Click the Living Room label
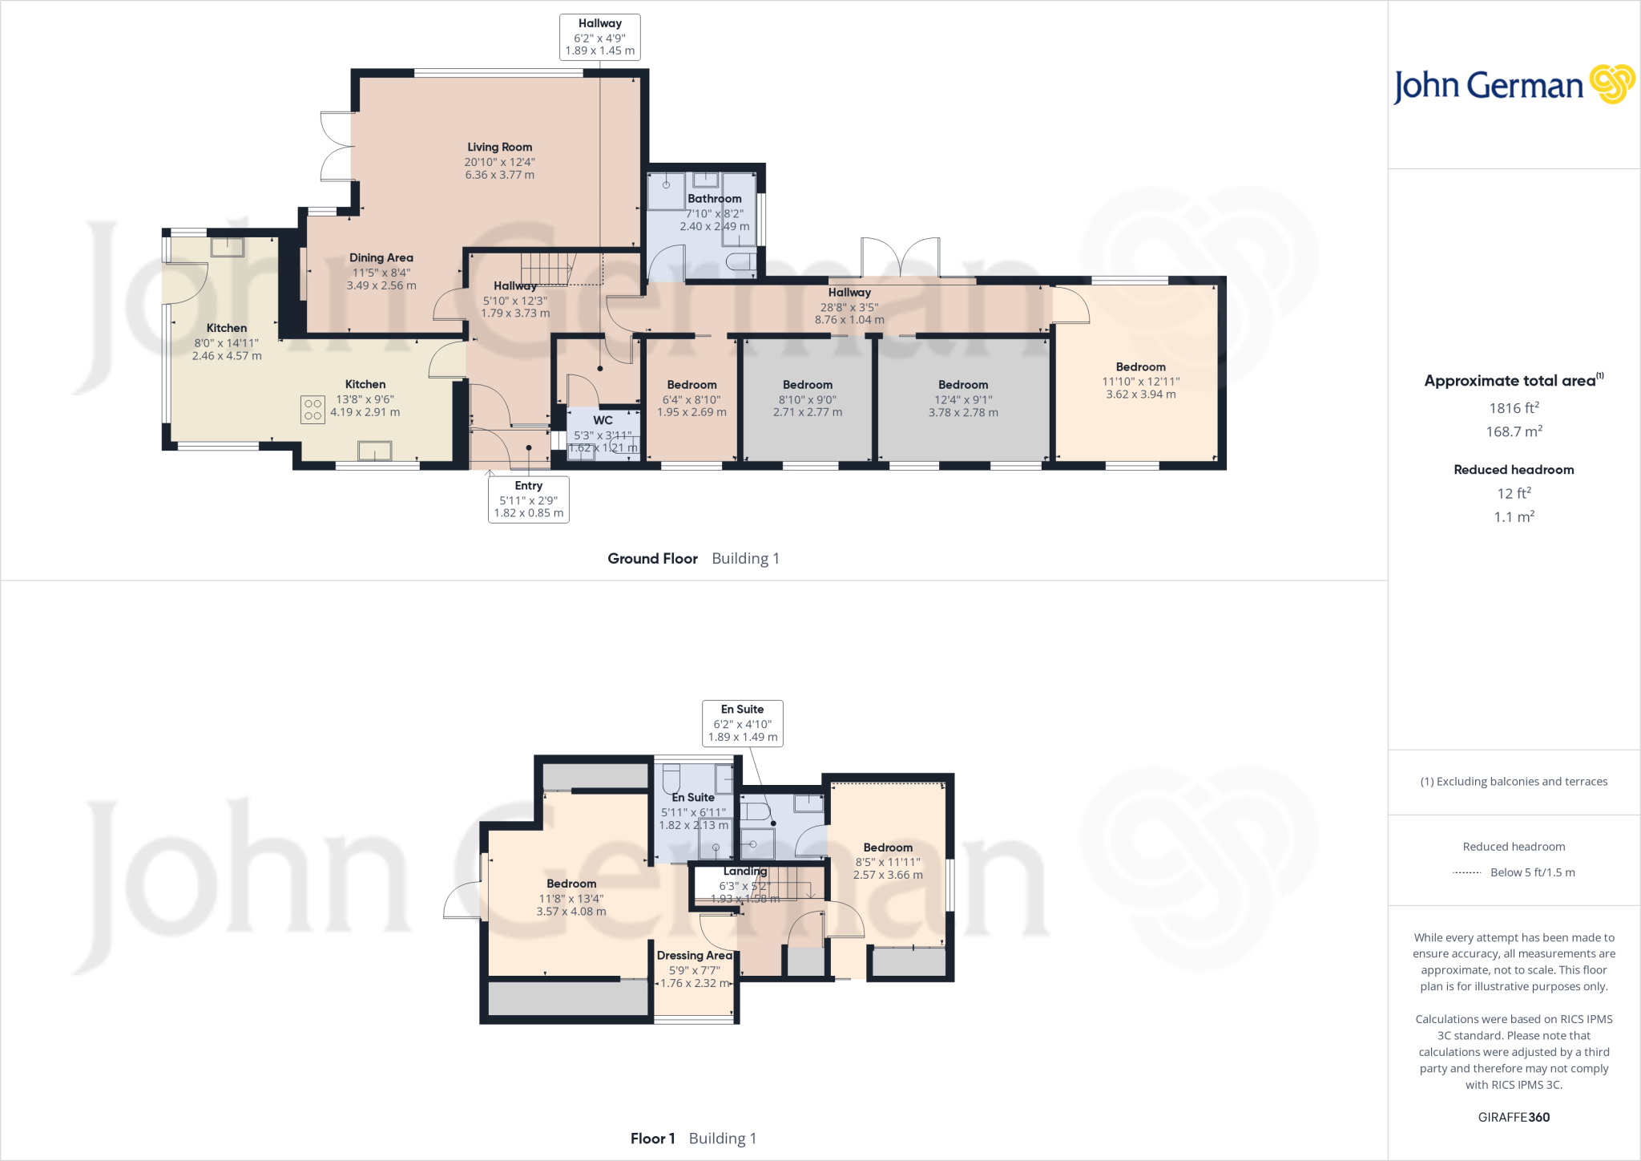499,148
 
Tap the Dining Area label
381,258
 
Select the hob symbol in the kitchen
312,410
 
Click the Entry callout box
528,499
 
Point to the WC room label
603,420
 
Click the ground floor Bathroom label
714,199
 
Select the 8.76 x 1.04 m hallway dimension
849,320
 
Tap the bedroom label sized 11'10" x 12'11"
1140,367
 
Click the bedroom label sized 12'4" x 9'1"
963,385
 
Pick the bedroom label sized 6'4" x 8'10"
691,385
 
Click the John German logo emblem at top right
1611,84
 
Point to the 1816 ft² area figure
1514,408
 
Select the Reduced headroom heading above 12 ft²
1514,470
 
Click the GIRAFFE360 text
1514,1117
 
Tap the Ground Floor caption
652,559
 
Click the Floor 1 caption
652,1139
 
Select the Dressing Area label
694,956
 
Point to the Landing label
745,872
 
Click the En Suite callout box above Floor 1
742,723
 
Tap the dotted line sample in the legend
1466,872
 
